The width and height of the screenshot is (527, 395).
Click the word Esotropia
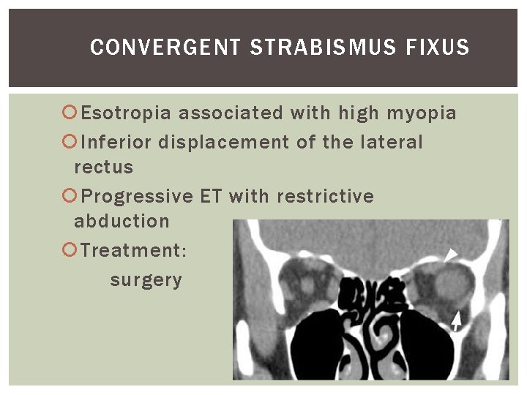(127, 113)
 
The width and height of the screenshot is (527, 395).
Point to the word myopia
(422, 113)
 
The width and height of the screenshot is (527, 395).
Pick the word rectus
(104, 168)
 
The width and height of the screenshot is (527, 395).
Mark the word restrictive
(325, 197)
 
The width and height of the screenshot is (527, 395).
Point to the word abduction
(122, 222)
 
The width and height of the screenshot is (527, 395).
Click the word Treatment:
(134, 251)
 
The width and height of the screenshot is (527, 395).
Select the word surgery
(146, 280)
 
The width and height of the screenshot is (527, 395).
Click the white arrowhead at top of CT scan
(451, 255)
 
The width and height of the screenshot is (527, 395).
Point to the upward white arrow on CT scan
(457, 319)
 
